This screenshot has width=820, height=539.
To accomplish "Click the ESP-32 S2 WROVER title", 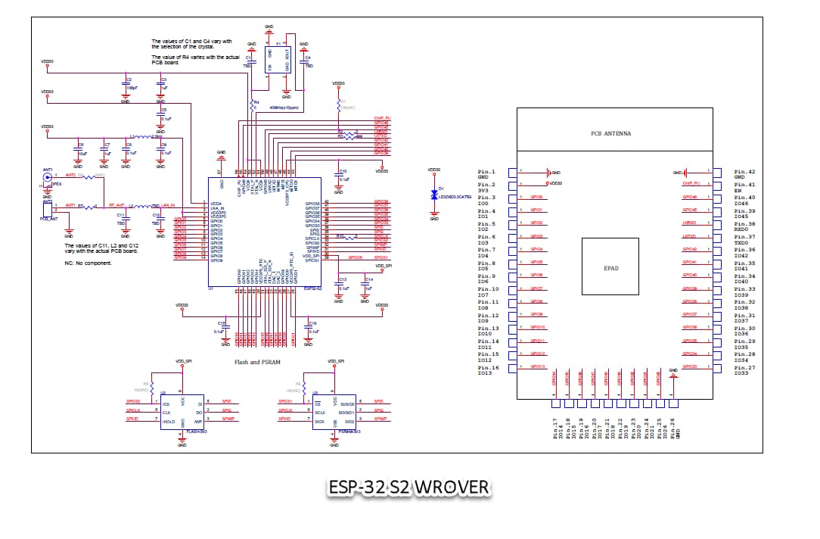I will pyautogui.click(x=409, y=487).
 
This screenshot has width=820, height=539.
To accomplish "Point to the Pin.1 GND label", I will pyautogui.click(x=486, y=175).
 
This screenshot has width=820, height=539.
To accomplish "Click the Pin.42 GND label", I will pyautogui.click(x=744, y=175).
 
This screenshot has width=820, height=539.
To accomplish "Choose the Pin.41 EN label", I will pyautogui.click(x=744, y=188).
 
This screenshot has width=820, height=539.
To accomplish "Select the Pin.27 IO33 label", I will pyautogui.click(x=744, y=370).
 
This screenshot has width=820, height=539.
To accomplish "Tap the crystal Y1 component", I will pyautogui.click(x=278, y=58).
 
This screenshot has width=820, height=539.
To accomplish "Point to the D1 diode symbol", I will pyautogui.click(x=434, y=195).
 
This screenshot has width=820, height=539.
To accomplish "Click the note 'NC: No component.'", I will pyautogui.click(x=90, y=263).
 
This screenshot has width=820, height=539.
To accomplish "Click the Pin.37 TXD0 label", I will pyautogui.click(x=744, y=240).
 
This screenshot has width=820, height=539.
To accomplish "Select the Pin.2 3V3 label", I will pyautogui.click(x=486, y=188).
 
